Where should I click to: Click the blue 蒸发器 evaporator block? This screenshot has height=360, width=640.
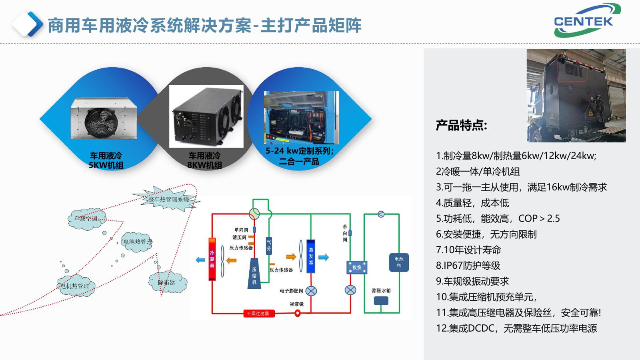pyautogui.click(x=311, y=256)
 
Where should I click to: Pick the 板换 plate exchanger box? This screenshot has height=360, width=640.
pyautogui.click(x=356, y=267)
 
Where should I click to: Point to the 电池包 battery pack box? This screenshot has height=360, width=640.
pyautogui.click(x=399, y=262)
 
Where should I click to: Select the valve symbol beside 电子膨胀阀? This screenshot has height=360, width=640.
pyautogui.click(x=311, y=291)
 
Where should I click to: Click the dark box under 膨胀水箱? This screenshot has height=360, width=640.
pyautogui.click(x=381, y=300)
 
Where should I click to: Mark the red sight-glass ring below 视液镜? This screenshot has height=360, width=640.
pyautogui.click(x=298, y=313)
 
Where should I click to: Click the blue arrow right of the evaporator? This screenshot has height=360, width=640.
pyautogui.click(x=324, y=257)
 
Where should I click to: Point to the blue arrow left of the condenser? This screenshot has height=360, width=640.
pyautogui.click(x=200, y=260)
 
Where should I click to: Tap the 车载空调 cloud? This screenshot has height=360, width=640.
pyautogui.click(x=86, y=218)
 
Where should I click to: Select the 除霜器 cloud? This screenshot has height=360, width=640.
pyautogui.click(x=167, y=282)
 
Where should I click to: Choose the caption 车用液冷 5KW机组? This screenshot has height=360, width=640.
pyautogui.click(x=106, y=160)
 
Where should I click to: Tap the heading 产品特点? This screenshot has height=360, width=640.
pyautogui.click(x=461, y=126)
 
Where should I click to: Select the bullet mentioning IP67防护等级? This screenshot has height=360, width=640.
pyautogui.click(x=468, y=266)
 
